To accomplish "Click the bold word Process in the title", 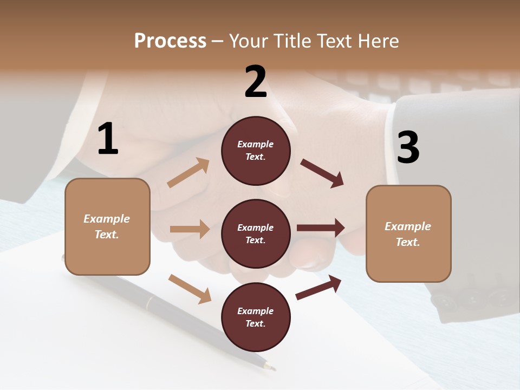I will pyautogui.click(x=170, y=41).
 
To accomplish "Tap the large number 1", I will pyautogui.click(x=108, y=139).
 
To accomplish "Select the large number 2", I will pyautogui.click(x=256, y=82).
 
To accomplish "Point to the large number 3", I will pyautogui.click(x=408, y=147).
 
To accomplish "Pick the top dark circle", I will pyautogui.click(x=256, y=151).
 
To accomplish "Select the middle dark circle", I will pyautogui.click(x=256, y=234).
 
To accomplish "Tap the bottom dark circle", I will pyautogui.click(x=256, y=317).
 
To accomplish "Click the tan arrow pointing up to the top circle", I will pyautogui.click(x=188, y=173).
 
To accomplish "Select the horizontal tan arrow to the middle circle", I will pyautogui.click(x=190, y=229).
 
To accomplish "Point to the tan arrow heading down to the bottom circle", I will pyautogui.click(x=190, y=288).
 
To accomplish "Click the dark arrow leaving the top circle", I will pyautogui.click(x=322, y=173).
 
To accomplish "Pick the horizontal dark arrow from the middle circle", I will pyautogui.click(x=321, y=228).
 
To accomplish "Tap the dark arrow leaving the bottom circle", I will pyautogui.click(x=318, y=287).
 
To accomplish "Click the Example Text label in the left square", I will pyautogui.click(x=107, y=226).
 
